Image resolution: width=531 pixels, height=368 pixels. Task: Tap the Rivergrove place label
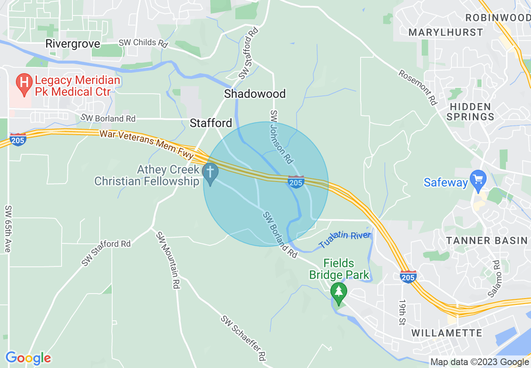click(73, 44)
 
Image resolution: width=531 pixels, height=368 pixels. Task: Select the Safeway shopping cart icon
click(478, 180)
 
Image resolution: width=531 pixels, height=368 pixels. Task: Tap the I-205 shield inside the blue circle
click(296, 182)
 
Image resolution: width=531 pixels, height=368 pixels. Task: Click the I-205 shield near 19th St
click(408, 277)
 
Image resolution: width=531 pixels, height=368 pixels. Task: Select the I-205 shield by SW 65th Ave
click(18, 139)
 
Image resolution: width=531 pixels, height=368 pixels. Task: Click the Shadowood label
click(255, 94)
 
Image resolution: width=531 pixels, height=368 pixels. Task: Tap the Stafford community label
click(211, 123)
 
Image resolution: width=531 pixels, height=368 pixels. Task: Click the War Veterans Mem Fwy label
click(147, 143)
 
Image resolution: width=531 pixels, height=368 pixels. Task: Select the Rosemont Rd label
click(418, 87)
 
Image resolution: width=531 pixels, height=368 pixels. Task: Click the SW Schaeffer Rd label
click(243, 338)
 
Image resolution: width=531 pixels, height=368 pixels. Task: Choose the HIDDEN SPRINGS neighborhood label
click(470, 112)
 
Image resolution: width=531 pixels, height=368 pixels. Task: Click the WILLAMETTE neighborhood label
click(447, 333)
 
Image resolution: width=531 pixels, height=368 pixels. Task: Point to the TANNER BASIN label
click(487, 240)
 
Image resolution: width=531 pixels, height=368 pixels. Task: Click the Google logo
click(28, 358)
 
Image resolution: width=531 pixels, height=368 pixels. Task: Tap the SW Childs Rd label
click(143, 43)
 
